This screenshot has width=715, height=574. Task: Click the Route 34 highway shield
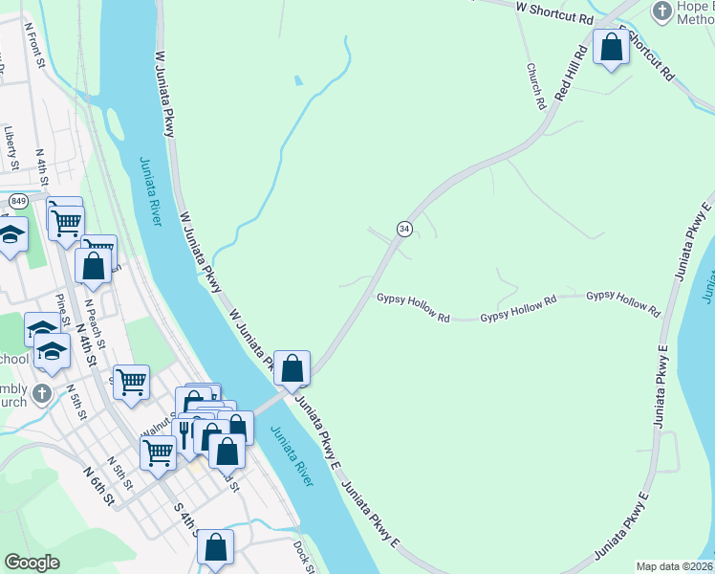pos(405,229)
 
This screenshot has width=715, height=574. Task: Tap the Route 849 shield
pos(19,201)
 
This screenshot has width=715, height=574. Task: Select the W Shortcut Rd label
pos(554,12)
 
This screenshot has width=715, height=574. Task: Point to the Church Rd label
pos(535,85)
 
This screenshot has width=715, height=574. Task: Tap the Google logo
pos(32,563)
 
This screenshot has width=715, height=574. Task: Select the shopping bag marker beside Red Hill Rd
pos(610,47)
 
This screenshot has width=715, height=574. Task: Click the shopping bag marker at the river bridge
pos(292,367)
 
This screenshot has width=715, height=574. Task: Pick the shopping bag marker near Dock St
pos(216,548)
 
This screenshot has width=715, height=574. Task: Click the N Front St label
pos(36,47)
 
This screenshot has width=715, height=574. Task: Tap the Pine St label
pos(63,310)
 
